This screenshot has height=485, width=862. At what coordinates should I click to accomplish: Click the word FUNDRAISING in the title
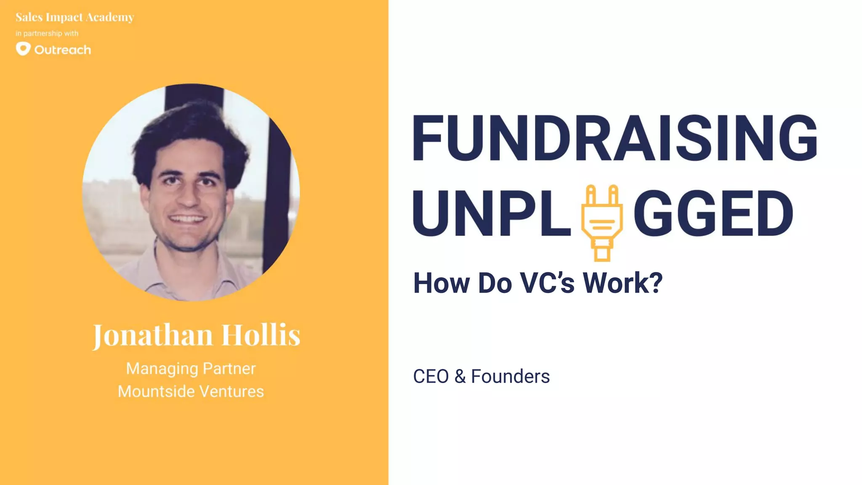(615, 138)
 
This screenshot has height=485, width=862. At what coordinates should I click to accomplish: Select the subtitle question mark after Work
(654, 283)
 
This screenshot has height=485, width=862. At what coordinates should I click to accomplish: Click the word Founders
(510, 376)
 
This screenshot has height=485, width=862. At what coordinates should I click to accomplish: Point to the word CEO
(431, 376)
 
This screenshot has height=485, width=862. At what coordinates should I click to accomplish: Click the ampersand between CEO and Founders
(460, 376)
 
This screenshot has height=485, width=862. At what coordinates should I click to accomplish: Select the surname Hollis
(261, 335)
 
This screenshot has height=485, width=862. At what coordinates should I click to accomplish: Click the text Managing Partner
(191, 369)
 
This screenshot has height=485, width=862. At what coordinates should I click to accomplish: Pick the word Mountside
(154, 392)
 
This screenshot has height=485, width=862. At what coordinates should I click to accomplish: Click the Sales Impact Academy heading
(75, 17)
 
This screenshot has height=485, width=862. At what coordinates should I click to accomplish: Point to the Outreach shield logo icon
(23, 49)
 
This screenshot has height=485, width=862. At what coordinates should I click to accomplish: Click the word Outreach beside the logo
(63, 50)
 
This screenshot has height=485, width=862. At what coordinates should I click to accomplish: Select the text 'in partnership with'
(47, 33)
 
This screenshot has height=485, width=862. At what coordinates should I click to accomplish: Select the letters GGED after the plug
(713, 213)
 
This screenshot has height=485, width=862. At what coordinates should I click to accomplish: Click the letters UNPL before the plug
(492, 213)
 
